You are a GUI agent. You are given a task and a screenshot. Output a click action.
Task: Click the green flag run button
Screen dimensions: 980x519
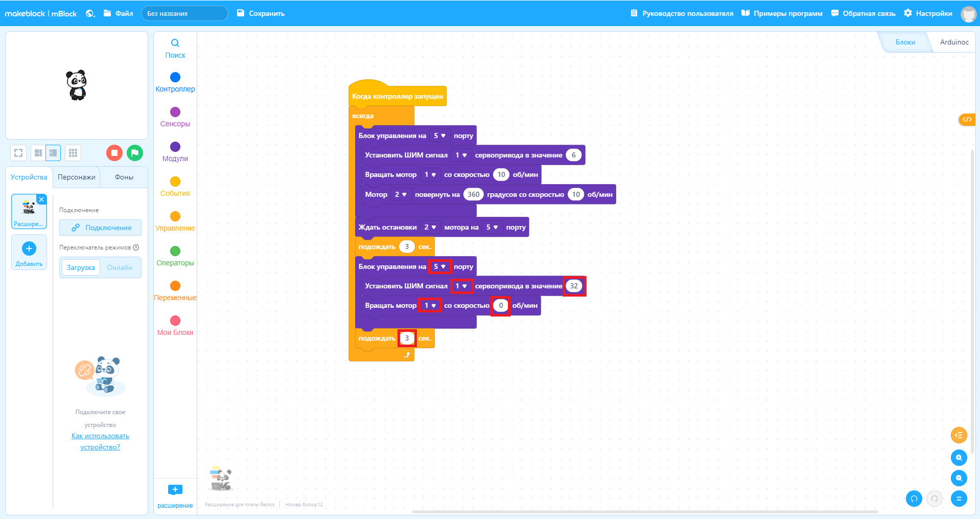pos(135,152)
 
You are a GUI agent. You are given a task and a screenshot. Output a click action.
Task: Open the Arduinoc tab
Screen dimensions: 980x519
pos(954,42)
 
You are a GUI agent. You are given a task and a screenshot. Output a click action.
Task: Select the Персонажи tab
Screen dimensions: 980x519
pos(77,177)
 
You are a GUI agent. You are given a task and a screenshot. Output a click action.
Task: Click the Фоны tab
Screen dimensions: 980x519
pos(124,177)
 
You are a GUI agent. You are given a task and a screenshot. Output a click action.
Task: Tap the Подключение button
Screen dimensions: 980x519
pos(100,228)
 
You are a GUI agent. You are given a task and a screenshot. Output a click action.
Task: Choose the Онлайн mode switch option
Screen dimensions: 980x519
pos(120,267)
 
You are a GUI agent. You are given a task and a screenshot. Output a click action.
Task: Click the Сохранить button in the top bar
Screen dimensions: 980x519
pos(261,13)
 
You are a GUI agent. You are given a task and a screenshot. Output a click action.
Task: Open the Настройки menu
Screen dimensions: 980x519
pos(928,13)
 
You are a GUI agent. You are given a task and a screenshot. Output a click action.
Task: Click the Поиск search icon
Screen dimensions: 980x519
pos(175,43)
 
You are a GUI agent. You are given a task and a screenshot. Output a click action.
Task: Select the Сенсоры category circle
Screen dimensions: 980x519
pos(175,112)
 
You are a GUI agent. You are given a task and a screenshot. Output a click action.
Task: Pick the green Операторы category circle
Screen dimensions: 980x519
pos(175,251)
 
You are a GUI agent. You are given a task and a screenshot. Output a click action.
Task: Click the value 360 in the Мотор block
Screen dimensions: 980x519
pos(474,194)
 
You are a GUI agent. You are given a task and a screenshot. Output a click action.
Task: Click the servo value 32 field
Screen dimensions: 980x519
pos(574,286)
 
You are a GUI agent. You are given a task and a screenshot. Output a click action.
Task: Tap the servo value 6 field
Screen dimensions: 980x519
pos(574,155)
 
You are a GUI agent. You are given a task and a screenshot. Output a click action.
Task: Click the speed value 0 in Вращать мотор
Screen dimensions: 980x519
pos(501,305)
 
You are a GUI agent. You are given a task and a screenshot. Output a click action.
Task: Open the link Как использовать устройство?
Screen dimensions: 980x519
pos(100,441)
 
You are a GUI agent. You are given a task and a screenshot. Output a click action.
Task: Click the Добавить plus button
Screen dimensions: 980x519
pos(29,249)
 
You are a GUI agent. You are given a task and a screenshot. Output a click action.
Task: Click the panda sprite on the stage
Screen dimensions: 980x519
pos(77,85)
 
